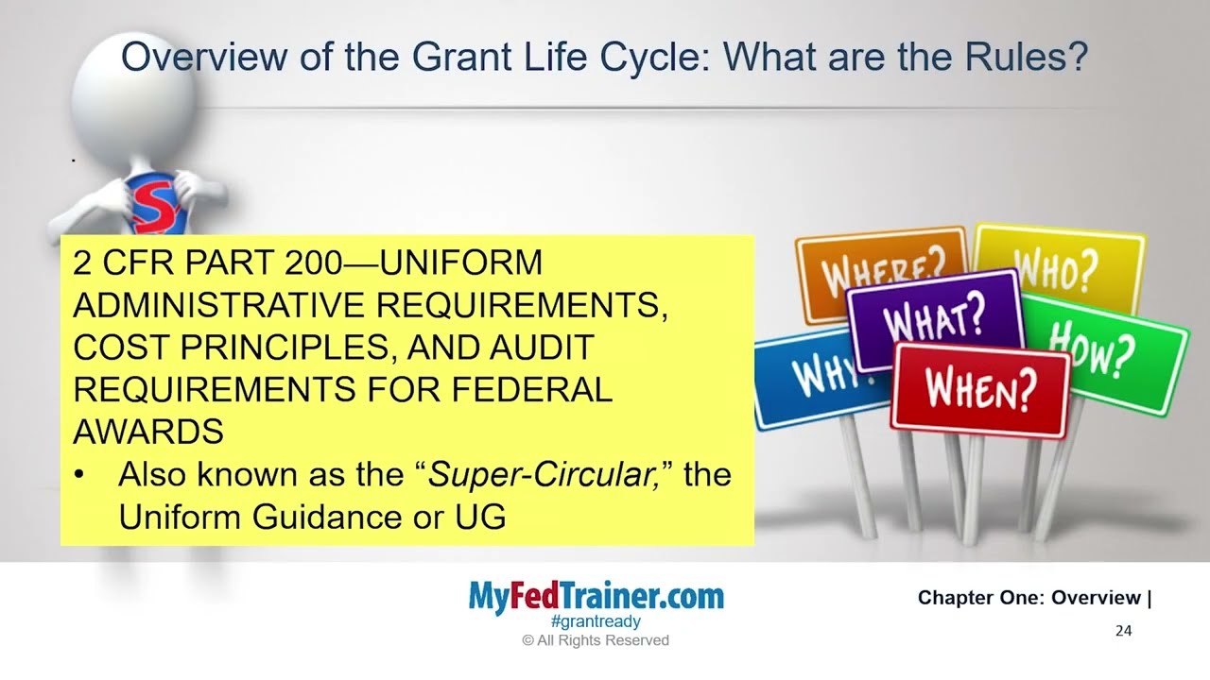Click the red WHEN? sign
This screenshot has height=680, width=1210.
point(979,387)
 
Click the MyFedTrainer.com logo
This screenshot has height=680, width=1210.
point(596,597)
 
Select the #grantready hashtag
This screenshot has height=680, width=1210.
point(596,621)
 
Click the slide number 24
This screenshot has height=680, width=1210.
point(1123,631)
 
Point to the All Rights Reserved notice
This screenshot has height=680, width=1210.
point(596,640)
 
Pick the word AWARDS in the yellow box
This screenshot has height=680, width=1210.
point(147,432)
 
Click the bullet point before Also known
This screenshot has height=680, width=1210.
point(82,475)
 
